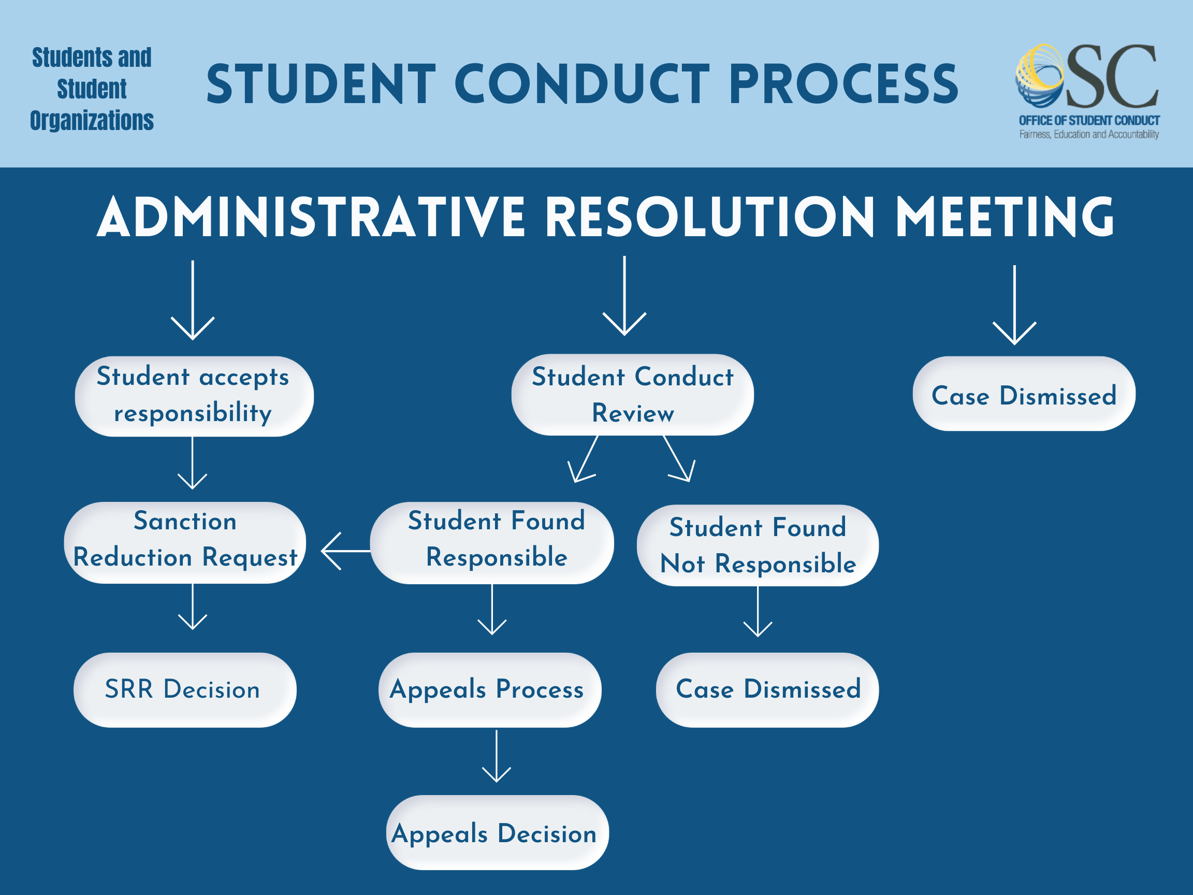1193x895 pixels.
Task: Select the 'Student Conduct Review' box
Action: (x=632, y=395)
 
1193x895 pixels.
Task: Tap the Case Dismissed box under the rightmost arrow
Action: (x=1024, y=394)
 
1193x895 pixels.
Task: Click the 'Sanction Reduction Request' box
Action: (x=185, y=542)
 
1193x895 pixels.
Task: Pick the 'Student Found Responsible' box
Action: (x=492, y=542)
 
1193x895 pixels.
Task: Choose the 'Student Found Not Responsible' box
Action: (x=757, y=545)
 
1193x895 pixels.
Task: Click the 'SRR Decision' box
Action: (x=184, y=690)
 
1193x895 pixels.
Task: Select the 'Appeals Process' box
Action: (x=490, y=690)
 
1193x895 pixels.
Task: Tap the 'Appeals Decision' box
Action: (x=497, y=832)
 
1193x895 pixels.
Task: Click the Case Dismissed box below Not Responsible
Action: (x=767, y=690)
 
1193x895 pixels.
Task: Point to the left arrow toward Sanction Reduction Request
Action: (x=345, y=551)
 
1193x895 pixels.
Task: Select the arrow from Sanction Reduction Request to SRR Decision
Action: (x=193, y=607)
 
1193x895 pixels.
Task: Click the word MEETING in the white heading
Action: (x=1004, y=217)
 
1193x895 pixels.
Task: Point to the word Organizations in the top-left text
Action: (x=92, y=120)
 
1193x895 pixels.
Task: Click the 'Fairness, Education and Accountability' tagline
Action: (x=1088, y=134)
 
